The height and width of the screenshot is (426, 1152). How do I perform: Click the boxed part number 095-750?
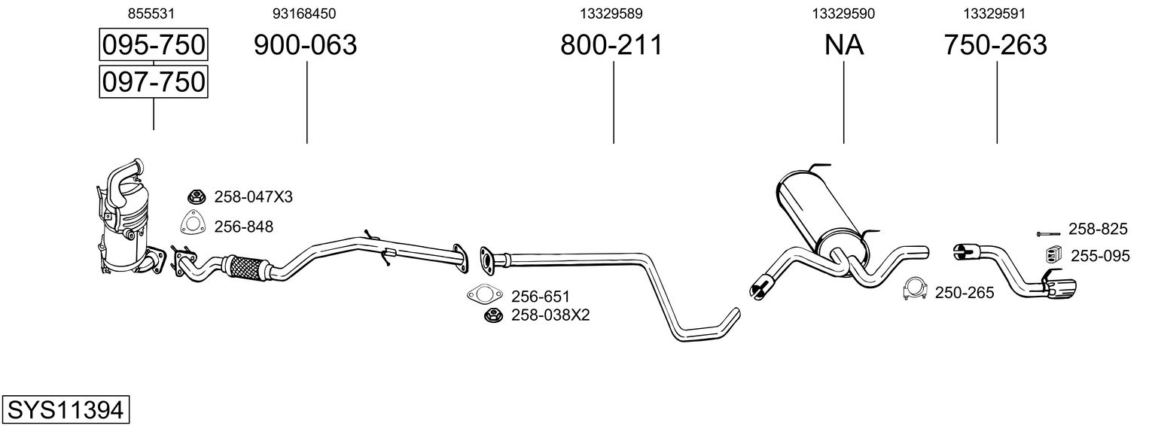(x=154, y=45)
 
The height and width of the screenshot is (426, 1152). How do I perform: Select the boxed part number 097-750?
(x=154, y=81)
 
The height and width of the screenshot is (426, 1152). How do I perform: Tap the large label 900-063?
(x=305, y=45)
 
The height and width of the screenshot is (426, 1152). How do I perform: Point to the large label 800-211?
(x=611, y=45)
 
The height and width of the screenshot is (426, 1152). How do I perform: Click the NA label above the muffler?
(x=843, y=45)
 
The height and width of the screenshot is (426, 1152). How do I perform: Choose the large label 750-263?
(x=995, y=45)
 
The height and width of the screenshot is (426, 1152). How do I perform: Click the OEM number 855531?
(x=154, y=14)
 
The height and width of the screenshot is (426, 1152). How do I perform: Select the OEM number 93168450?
(x=304, y=14)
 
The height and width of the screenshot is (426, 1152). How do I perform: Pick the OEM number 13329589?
(x=611, y=14)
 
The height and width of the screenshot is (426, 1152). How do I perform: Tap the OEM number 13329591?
(x=995, y=14)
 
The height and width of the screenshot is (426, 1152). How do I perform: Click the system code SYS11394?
(x=64, y=410)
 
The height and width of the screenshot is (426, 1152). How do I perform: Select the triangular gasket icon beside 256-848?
(x=194, y=224)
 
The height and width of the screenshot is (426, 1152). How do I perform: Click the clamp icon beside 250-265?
(x=915, y=290)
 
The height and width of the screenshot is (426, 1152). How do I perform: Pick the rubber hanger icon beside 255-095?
(x=1053, y=255)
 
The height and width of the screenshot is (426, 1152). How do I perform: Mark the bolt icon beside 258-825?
(x=1050, y=233)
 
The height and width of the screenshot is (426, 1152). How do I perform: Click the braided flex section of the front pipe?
(x=245, y=266)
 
